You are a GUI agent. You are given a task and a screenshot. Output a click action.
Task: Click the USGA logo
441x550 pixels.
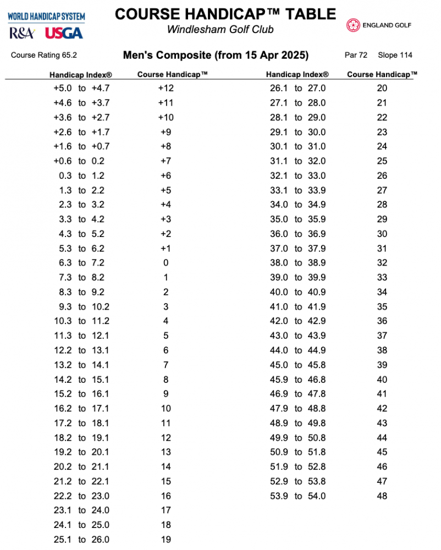64,33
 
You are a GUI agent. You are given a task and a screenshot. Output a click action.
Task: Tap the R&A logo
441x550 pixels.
21,33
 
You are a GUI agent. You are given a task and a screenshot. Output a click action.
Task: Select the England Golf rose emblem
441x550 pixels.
353,25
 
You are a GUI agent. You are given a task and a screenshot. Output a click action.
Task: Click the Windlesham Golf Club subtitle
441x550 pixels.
220,29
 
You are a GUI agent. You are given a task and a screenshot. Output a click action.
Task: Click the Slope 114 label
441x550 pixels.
395,55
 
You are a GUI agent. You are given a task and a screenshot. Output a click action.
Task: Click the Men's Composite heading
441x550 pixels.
216,55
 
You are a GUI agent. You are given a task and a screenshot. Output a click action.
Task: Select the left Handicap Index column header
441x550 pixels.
81,74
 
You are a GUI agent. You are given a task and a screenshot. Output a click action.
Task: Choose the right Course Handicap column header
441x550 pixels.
382,74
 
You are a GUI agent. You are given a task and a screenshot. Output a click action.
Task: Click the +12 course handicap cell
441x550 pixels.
166,88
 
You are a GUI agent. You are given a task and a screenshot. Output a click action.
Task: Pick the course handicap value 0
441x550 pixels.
166,263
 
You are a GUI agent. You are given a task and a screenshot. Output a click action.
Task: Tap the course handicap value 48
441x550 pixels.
382,496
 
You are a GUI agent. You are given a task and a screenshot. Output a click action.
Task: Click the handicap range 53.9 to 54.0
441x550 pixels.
298,496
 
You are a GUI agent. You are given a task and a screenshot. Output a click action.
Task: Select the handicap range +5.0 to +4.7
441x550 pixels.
81,88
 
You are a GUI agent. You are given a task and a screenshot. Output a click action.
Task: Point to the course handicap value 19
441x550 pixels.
166,540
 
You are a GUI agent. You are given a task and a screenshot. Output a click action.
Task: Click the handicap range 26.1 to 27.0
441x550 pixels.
298,88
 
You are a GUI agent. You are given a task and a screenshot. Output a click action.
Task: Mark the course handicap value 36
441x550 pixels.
382,321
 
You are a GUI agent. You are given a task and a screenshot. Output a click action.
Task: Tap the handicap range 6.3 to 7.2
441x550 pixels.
81,263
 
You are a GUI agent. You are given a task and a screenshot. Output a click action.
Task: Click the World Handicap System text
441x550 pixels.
46,16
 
